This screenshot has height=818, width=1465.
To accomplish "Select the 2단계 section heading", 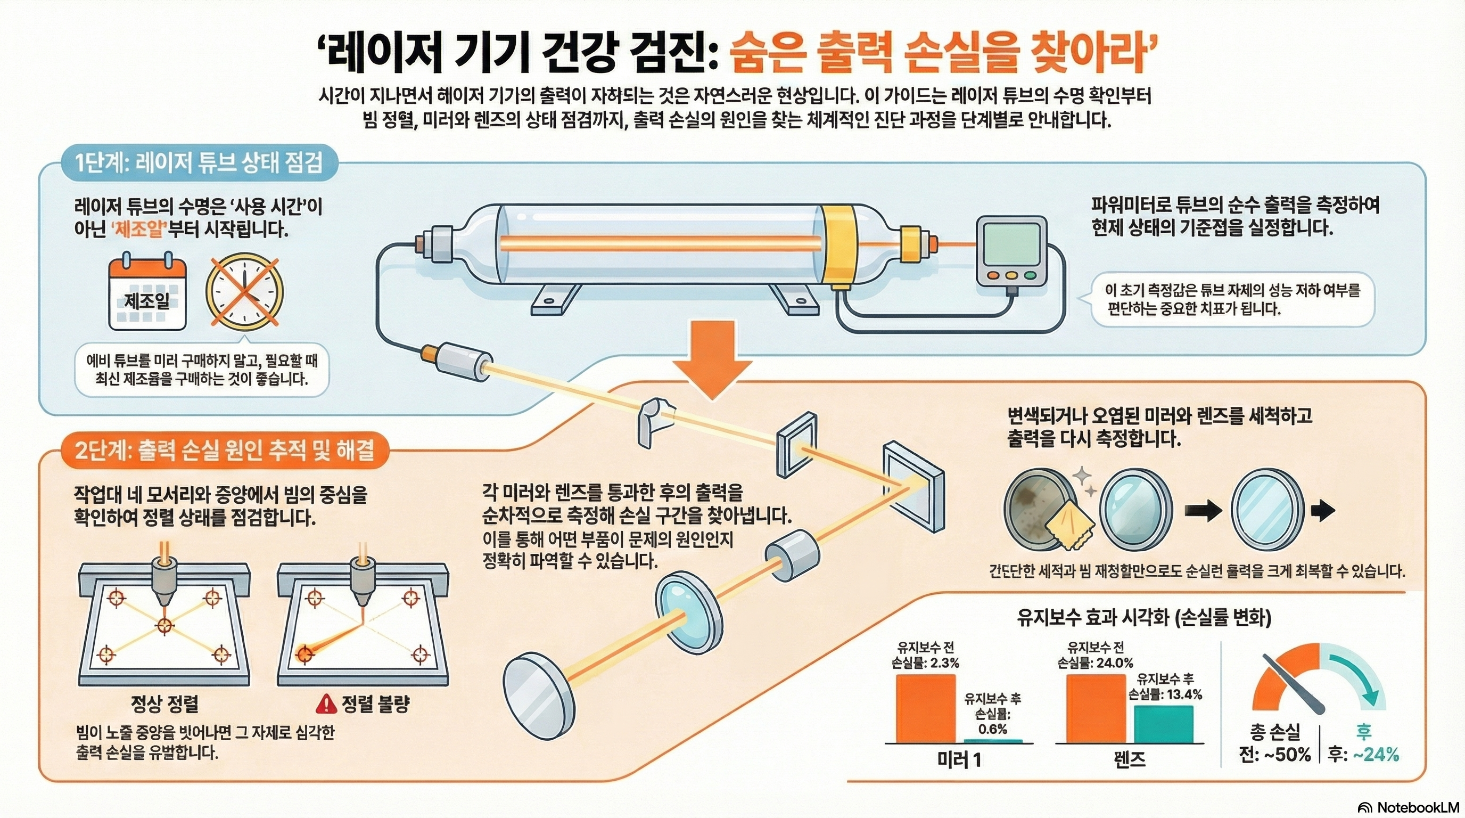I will click(x=225, y=451).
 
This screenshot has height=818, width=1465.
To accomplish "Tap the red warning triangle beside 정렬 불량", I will click(x=326, y=705).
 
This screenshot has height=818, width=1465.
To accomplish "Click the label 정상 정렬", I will click(x=164, y=704).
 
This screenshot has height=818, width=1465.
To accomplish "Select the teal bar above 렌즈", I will click(x=1164, y=724).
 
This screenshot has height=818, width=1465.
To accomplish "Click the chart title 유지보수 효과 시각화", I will click(x=1143, y=617).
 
